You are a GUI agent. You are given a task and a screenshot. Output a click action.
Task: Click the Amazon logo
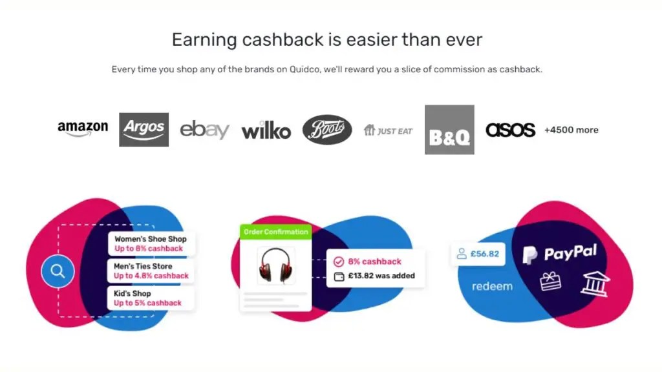click(x=83, y=129)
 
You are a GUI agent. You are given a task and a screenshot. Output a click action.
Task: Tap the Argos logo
click(x=144, y=129)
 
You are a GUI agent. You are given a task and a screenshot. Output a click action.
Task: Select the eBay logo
click(x=205, y=130)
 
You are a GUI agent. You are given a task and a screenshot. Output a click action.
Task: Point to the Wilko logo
click(x=266, y=130)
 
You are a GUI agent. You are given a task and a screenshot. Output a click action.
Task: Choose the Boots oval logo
click(x=327, y=129)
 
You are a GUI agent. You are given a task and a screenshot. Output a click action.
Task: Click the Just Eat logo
click(x=388, y=130)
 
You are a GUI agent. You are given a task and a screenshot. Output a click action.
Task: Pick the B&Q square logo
click(x=449, y=129)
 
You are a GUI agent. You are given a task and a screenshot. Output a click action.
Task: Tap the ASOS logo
click(x=511, y=130)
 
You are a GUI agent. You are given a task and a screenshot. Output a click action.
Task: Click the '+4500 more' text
click(x=571, y=130)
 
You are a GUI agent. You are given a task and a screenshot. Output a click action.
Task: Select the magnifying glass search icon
click(x=58, y=271)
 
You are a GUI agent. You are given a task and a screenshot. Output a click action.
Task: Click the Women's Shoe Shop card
click(x=151, y=243)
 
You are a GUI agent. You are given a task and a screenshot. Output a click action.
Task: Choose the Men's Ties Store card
click(x=151, y=271)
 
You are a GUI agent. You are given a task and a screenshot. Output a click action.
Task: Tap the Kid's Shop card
click(x=150, y=298)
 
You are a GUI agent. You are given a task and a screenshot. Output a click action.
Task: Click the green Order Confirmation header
click(x=275, y=232)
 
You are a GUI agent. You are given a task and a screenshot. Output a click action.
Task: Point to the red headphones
click(x=275, y=265)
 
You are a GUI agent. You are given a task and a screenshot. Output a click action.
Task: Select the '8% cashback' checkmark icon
click(x=339, y=262)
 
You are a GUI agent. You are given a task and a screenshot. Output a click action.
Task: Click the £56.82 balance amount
click(x=485, y=254)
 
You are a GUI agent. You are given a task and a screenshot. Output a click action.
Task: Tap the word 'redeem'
click(x=492, y=286)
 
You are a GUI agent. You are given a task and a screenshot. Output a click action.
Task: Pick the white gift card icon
click(x=551, y=282)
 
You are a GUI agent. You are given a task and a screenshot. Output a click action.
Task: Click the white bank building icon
click(x=595, y=284)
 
